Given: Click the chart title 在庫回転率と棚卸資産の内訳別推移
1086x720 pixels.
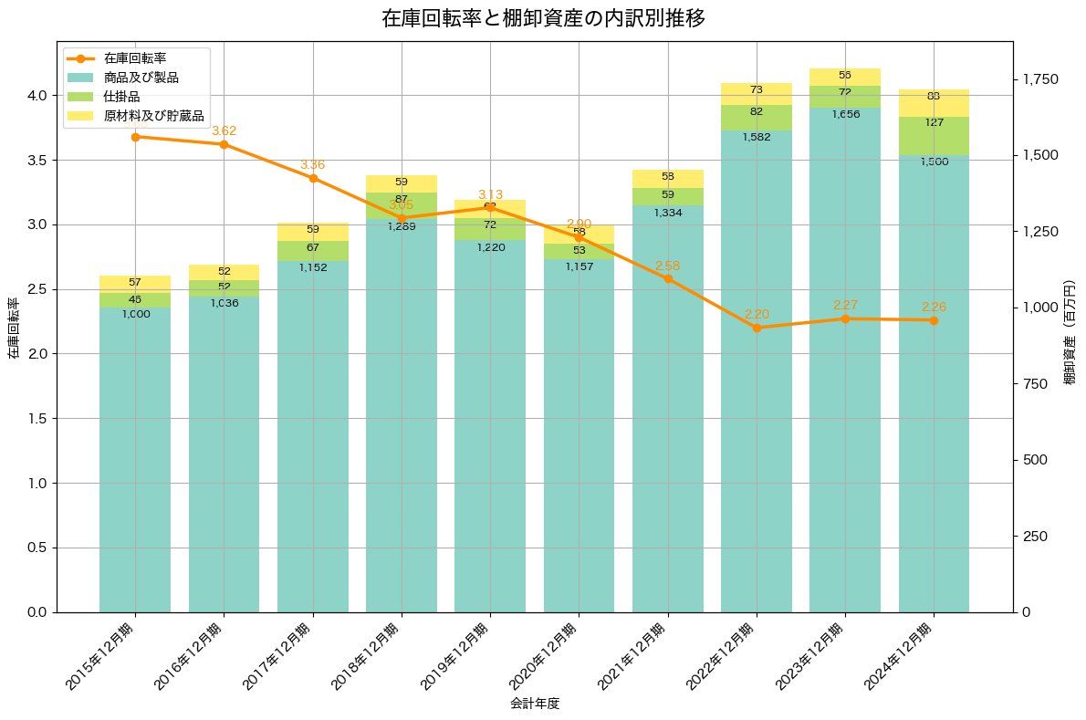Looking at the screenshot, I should pos(543,18).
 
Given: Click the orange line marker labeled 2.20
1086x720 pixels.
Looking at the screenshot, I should pos(757,328).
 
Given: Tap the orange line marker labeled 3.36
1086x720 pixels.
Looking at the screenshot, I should pos(313,178).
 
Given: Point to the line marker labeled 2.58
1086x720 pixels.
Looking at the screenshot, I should pos(668,278).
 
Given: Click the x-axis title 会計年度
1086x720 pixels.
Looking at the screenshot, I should pos(535,704).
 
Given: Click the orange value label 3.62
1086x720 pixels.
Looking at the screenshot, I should pos(225,131).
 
